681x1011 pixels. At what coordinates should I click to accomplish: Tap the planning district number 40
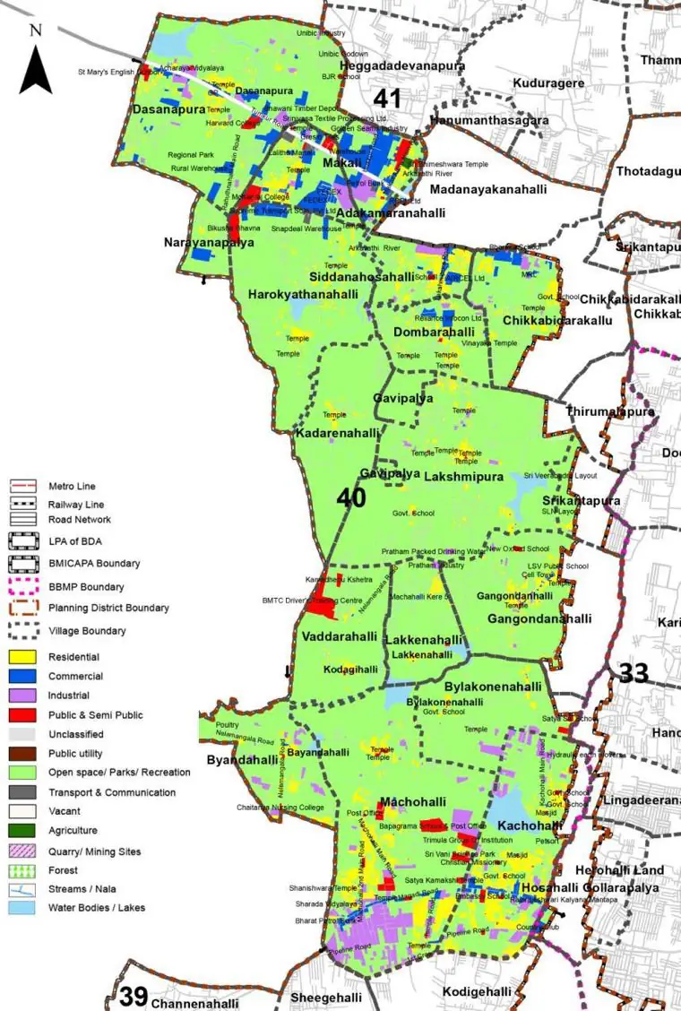(x=351, y=497)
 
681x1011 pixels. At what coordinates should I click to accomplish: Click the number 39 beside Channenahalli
(x=133, y=996)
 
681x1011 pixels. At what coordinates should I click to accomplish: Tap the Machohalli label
(x=408, y=800)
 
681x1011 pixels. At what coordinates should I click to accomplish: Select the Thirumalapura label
(x=610, y=411)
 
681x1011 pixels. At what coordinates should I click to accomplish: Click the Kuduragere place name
(x=548, y=83)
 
